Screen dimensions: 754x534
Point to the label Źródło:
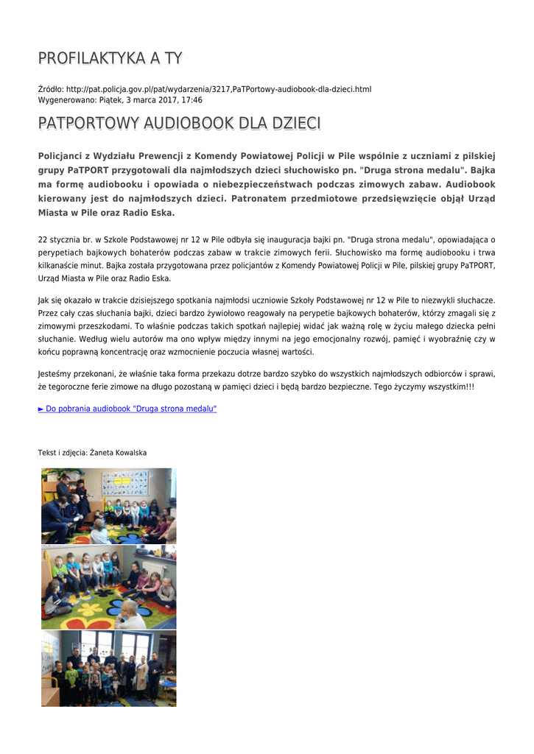[x=51, y=89]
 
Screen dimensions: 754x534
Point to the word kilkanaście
[x=60, y=266]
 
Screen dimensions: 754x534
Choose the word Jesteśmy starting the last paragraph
[x=55, y=373]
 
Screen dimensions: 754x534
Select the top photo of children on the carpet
[x=108, y=506]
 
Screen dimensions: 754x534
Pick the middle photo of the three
[x=108, y=587]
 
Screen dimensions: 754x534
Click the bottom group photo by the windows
[x=108, y=668]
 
